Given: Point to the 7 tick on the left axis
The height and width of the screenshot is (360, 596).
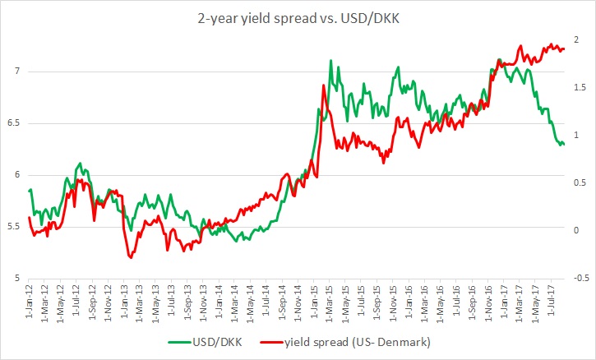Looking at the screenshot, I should coord(16,72).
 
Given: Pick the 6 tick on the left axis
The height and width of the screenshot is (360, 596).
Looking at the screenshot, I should coord(16,175).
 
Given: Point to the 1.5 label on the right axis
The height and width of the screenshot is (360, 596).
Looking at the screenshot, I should coord(579,88).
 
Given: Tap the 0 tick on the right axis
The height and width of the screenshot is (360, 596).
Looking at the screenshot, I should coord(576,230).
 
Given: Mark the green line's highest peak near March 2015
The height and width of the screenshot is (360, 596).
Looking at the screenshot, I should coord(330,61).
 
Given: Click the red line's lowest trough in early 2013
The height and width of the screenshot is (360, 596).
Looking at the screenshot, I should coord(130,258).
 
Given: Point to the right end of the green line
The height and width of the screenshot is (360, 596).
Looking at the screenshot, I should coord(564,145).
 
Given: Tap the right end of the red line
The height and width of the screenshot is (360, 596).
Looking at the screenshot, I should coord(564,49).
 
